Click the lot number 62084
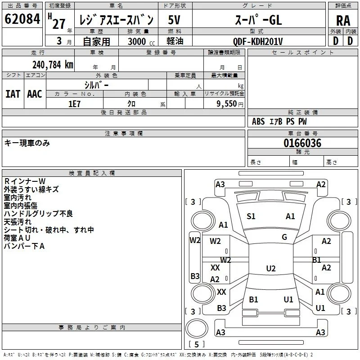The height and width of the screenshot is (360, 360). [x=22, y=19]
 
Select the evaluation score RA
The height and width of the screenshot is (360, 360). [x=343, y=21]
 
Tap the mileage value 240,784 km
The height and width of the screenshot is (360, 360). [x=53, y=65]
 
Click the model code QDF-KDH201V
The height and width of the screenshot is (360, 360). [x=258, y=41]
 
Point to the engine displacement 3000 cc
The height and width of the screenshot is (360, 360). [x=141, y=41]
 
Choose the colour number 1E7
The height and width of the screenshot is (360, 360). [x=74, y=104]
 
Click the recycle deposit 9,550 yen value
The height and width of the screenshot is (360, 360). [x=230, y=104]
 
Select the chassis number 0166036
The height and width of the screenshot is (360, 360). [x=302, y=143]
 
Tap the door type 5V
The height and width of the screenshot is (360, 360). [x=174, y=20]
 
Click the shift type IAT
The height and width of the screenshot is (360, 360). [x=13, y=94]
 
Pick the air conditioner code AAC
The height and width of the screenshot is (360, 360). [x=35, y=94]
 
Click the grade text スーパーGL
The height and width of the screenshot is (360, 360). [x=258, y=20]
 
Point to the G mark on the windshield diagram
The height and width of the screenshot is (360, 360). [x=284, y=237]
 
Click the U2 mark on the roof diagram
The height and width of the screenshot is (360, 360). [x=271, y=268]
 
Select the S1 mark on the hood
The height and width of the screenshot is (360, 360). [x=251, y=216]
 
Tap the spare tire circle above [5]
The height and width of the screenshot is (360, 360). [x=197, y=328]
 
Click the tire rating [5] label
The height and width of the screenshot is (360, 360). [x=197, y=344]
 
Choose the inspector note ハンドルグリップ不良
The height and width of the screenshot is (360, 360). [x=38, y=213]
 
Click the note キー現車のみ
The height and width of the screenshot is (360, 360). [x=27, y=143]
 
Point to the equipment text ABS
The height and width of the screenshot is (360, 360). [x=258, y=121]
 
